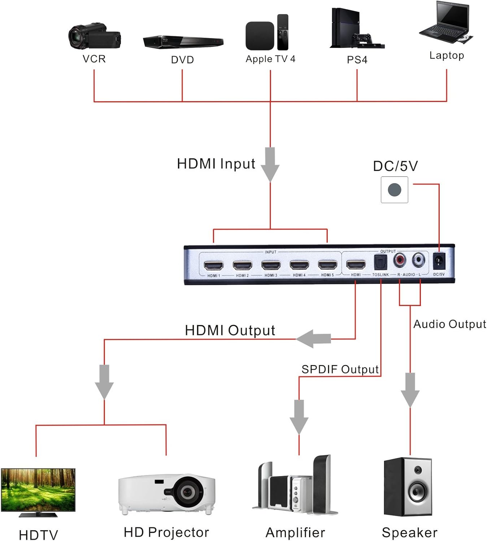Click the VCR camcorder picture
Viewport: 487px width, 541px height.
(x=94, y=36)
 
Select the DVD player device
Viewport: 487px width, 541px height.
(x=183, y=42)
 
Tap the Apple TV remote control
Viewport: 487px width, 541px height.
(x=283, y=32)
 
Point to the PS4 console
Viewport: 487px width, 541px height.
(x=347, y=29)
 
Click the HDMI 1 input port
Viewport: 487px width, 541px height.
(x=213, y=266)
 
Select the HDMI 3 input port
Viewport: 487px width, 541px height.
(x=271, y=266)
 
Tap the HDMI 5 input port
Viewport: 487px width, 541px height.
(x=327, y=265)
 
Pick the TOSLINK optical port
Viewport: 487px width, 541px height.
(x=380, y=262)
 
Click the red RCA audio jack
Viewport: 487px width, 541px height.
(x=400, y=259)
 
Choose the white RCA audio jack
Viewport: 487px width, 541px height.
(x=418, y=259)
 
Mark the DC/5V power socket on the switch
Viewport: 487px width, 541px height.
(x=439, y=261)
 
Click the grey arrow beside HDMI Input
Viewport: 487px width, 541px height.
(x=270, y=164)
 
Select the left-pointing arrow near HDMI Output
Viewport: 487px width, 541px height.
(x=313, y=339)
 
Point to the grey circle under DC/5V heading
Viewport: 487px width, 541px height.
(x=394, y=190)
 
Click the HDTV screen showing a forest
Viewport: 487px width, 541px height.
(x=38, y=489)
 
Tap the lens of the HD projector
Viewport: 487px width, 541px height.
(x=187, y=491)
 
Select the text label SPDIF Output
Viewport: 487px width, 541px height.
(x=340, y=369)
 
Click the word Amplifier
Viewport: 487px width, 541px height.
(x=295, y=533)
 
